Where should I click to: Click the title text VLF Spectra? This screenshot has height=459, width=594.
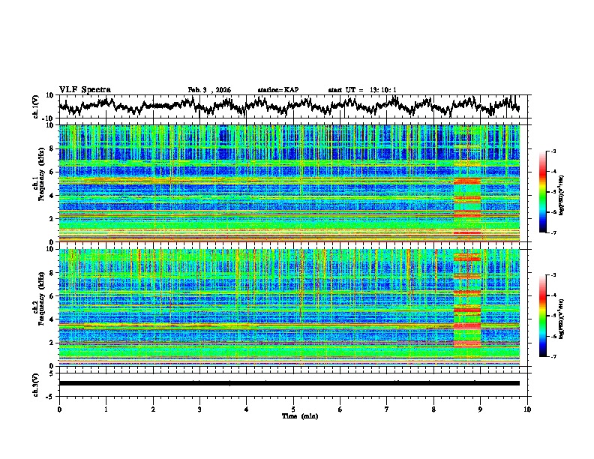[x=85, y=89]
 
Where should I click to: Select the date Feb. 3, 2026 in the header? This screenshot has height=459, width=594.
[x=209, y=90]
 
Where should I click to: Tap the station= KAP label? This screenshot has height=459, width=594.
[x=277, y=90]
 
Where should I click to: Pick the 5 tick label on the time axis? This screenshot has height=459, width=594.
[x=293, y=409]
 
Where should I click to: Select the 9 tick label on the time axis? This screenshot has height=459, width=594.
[x=481, y=409]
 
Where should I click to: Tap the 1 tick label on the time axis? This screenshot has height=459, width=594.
[x=106, y=409]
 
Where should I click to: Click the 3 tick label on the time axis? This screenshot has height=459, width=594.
[x=199, y=409]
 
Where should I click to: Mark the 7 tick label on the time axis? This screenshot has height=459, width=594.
[x=387, y=409]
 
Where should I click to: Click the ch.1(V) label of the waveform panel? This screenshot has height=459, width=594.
[x=35, y=106]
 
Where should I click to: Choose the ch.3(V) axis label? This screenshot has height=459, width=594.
[x=35, y=383]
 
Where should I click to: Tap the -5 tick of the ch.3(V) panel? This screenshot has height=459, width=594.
[x=50, y=394]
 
